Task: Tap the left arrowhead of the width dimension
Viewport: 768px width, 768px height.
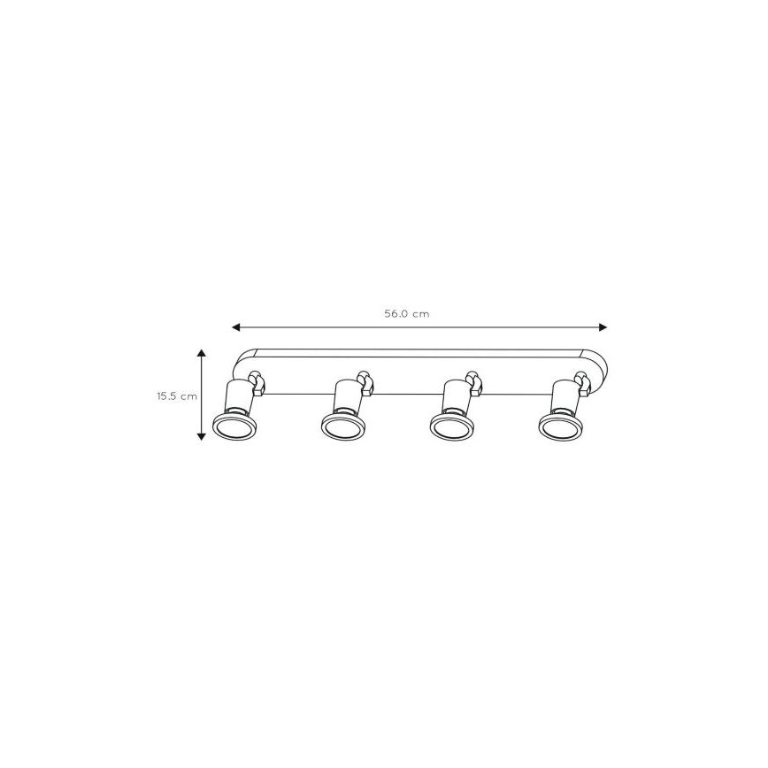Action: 236,327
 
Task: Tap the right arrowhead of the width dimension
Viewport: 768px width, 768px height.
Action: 603,327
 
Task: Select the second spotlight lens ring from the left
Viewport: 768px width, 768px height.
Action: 342,428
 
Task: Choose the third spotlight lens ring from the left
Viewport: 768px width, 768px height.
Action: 451,428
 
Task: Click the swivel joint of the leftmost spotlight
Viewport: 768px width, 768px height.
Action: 257,381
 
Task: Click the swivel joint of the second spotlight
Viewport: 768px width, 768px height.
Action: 365,381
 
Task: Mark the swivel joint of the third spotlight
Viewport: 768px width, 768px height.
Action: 473,381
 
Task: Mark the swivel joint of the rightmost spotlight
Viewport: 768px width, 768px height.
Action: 582,381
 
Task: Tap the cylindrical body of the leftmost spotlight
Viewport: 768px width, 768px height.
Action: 236,397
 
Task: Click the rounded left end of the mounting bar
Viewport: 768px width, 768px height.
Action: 239,363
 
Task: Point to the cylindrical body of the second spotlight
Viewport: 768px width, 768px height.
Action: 345,397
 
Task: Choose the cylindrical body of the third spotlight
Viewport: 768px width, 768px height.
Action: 453,397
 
